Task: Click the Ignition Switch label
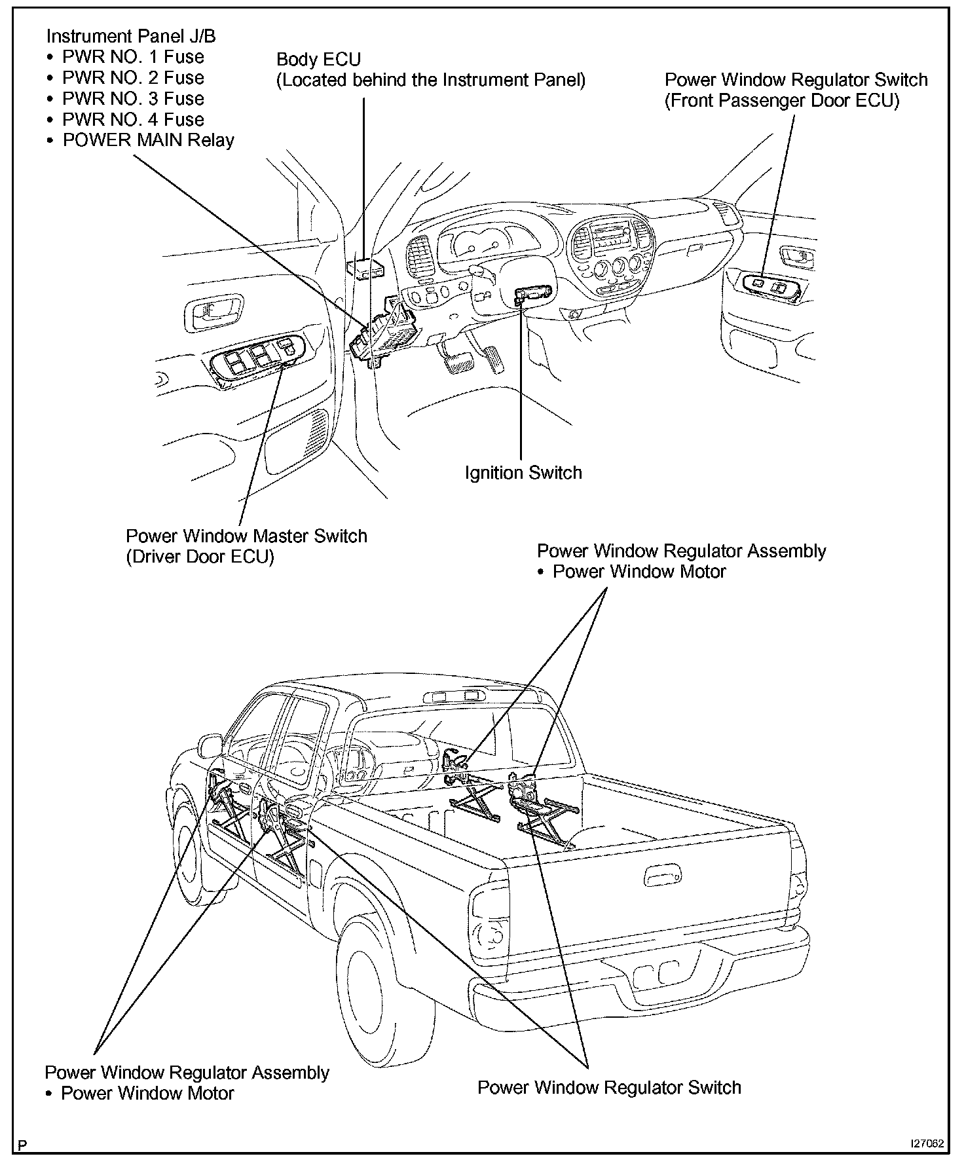pyautogui.click(x=523, y=473)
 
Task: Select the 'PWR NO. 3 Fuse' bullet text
pyautogui.click(x=133, y=99)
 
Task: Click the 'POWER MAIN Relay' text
pyautogui.click(x=148, y=141)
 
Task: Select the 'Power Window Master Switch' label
pyautogui.click(x=246, y=536)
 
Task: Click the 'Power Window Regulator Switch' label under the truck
pyautogui.click(x=609, y=1088)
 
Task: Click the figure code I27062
pyautogui.click(x=927, y=1144)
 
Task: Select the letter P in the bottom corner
pyautogui.click(x=23, y=1145)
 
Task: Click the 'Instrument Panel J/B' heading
pyautogui.click(x=131, y=37)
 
